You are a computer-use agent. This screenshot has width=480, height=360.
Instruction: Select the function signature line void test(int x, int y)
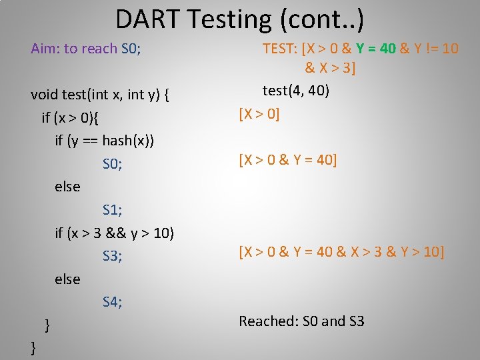coord(99,94)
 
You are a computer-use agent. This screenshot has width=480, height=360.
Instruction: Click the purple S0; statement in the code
coord(112,164)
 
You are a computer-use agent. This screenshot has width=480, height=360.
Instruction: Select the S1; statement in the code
coord(112,210)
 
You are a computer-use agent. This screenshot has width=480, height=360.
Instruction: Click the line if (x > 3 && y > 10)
coord(114,233)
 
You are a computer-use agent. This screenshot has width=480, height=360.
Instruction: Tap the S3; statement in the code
coord(112,256)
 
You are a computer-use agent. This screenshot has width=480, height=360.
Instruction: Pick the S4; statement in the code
coord(112,302)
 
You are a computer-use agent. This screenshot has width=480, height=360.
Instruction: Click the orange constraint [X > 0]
coord(259,114)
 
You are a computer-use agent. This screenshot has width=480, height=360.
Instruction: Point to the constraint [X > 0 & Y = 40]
coord(288,160)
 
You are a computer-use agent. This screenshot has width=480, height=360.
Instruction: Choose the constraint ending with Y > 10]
coord(341,251)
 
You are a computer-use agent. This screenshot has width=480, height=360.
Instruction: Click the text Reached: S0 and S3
coord(301,321)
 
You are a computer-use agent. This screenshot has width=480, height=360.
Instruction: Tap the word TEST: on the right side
coord(281,49)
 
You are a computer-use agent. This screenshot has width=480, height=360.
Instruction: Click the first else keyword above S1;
coord(67,187)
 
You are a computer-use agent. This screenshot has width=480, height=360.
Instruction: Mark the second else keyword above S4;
coord(67,279)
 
